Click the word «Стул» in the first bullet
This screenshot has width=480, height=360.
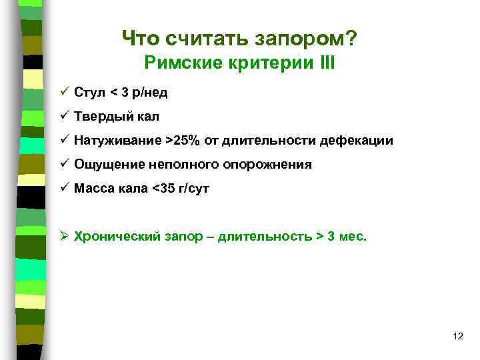[x=88, y=92]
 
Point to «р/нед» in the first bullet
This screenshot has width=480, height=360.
[x=149, y=92]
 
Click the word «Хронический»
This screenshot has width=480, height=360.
[x=116, y=236]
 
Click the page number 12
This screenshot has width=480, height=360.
[x=457, y=335]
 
